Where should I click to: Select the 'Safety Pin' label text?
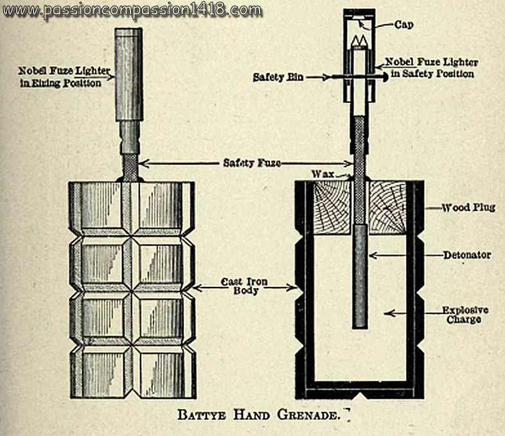274,77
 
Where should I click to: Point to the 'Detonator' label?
466,255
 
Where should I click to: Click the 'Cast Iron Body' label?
240,286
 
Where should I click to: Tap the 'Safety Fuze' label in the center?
247,163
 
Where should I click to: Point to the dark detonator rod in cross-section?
360,277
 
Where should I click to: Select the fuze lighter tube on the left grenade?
130,74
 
